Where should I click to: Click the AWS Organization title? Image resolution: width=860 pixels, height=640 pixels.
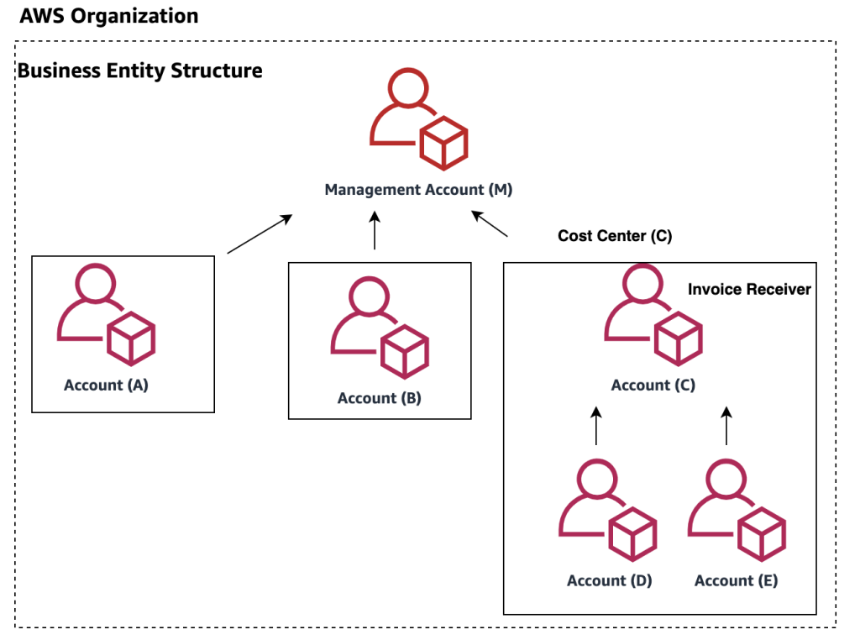click(108, 16)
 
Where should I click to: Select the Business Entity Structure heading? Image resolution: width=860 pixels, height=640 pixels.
click(139, 71)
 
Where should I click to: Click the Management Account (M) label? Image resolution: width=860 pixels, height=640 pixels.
click(418, 190)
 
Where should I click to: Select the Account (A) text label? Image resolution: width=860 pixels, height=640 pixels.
click(106, 386)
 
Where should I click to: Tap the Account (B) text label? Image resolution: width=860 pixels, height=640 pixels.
click(380, 398)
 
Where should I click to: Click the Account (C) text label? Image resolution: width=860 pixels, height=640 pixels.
click(653, 386)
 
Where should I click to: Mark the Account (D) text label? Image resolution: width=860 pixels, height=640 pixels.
click(610, 580)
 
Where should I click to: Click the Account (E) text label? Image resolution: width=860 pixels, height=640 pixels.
click(737, 580)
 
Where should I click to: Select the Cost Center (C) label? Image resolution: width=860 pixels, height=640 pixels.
click(615, 236)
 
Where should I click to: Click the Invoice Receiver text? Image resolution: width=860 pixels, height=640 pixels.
click(749, 289)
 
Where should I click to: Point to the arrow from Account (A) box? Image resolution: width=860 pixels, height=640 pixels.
click(260, 233)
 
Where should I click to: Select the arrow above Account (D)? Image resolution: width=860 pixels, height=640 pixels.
click(596, 426)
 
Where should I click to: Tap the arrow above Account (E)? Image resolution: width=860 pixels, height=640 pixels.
click(726, 426)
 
